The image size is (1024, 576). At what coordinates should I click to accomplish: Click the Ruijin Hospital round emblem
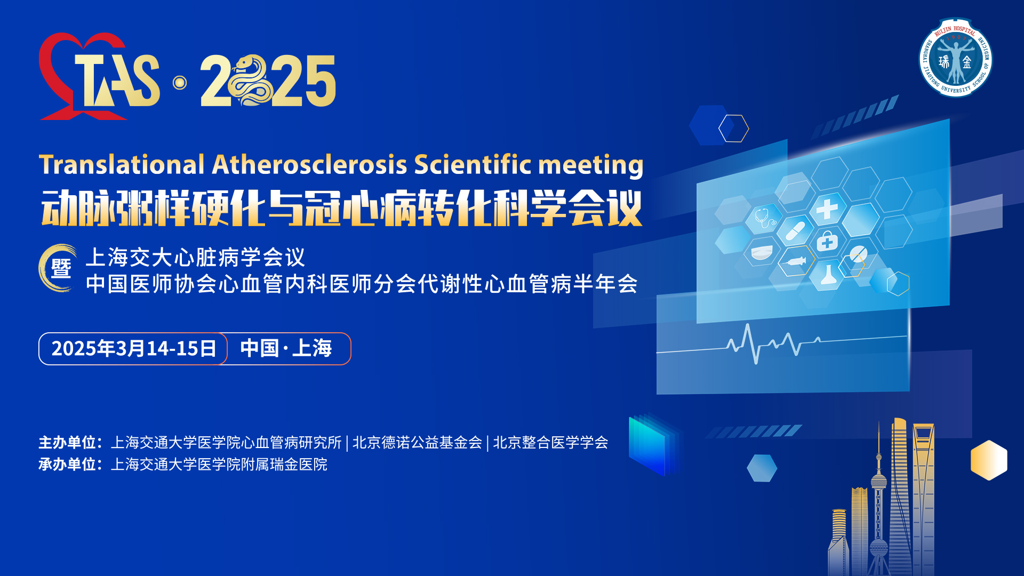coord(955,58)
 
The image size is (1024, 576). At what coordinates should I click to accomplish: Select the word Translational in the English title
coord(122,164)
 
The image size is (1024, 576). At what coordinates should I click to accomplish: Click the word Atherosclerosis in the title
coord(310,164)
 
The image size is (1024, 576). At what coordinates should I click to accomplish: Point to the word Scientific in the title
coord(473,164)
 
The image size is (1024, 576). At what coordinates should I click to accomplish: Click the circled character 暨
coord(60,268)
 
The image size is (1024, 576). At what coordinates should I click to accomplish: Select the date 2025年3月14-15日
coord(133,349)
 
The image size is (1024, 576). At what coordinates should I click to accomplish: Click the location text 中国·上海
coord(286,348)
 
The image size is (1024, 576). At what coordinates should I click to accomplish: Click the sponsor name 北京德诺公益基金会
coord(417,443)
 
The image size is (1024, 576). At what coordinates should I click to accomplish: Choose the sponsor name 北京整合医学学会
coord(550,443)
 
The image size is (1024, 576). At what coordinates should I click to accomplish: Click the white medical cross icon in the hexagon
coord(827,209)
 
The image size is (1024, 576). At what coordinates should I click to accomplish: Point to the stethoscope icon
coord(765,218)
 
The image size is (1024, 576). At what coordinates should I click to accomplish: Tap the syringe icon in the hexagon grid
coord(796,261)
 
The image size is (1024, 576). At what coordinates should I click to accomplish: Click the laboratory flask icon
coord(827,274)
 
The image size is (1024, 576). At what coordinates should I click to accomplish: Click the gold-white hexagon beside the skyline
coord(989,460)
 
